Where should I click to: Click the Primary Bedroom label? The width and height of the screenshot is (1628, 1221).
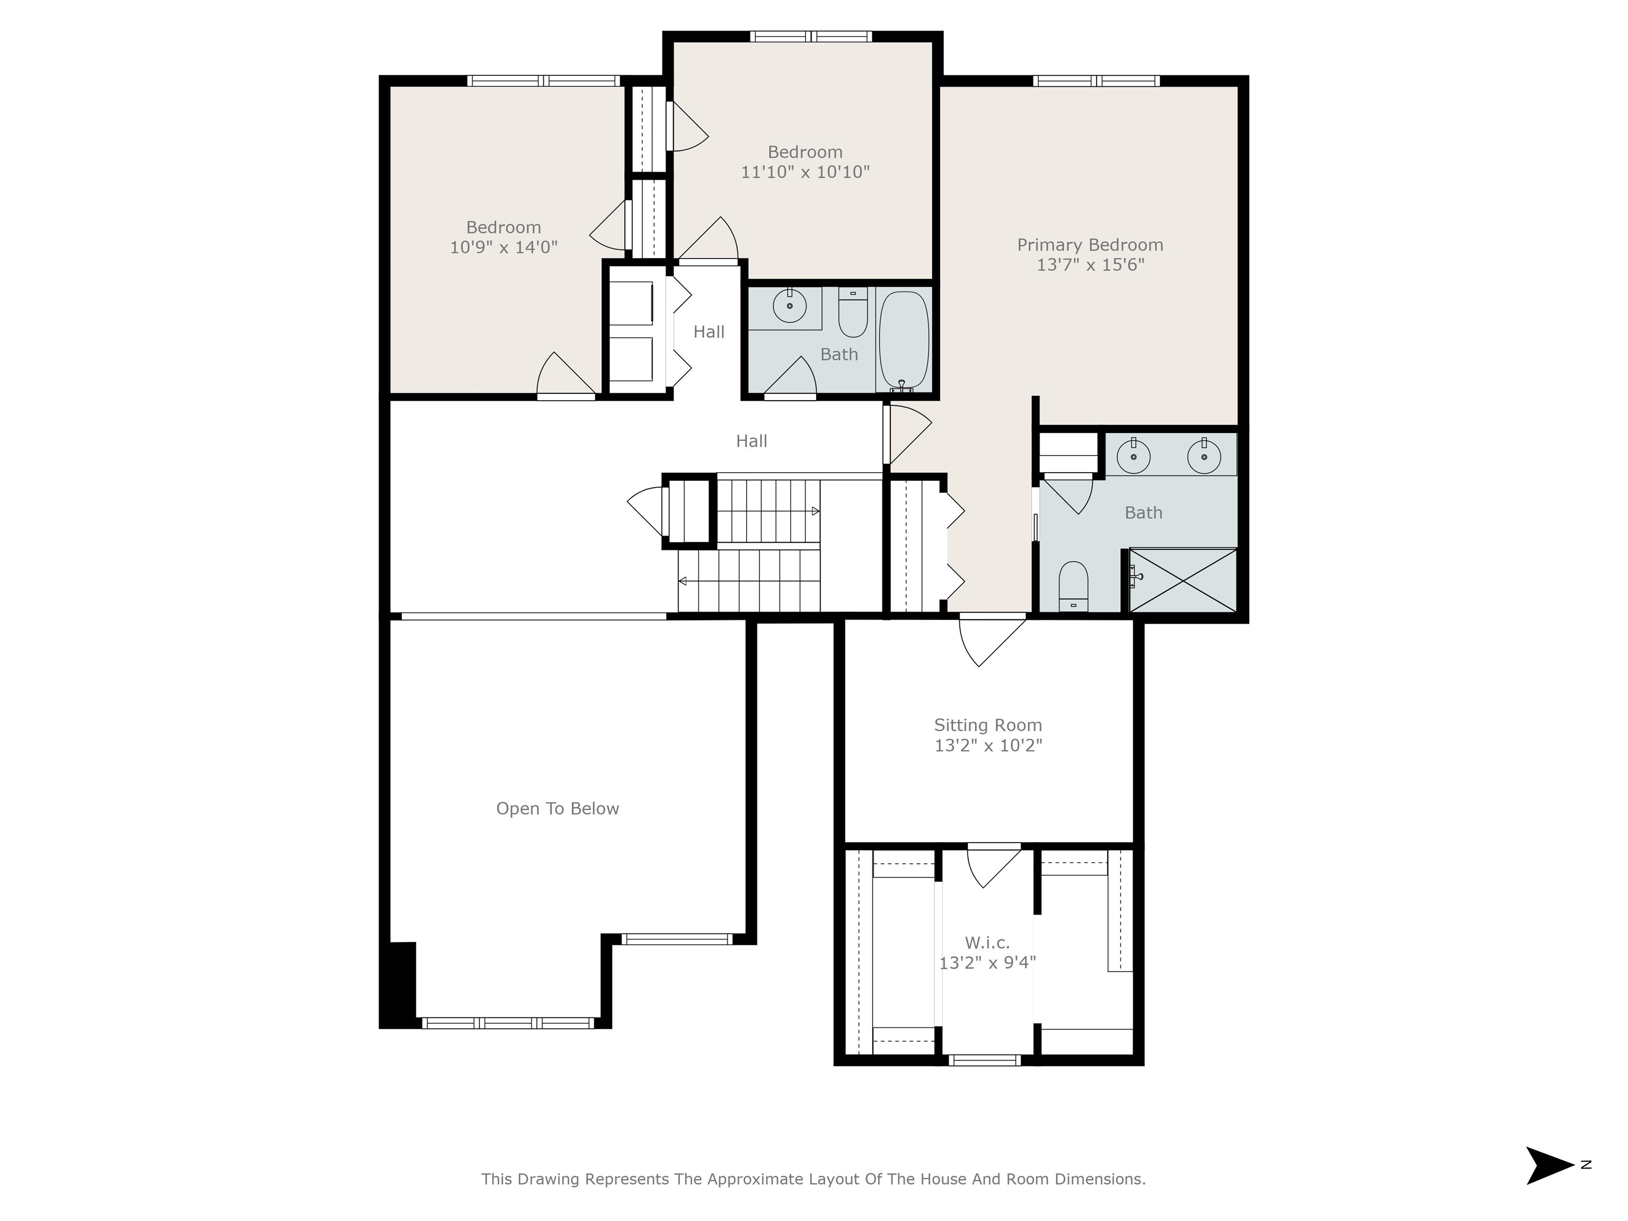[1090, 245]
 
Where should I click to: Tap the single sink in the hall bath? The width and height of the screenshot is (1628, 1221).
[790, 305]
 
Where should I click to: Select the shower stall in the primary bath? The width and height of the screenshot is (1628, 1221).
[1183, 579]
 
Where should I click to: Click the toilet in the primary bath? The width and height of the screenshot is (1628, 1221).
[1073, 587]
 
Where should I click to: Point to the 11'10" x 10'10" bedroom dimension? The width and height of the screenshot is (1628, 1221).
[805, 172]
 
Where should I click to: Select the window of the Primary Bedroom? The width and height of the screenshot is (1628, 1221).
[1096, 81]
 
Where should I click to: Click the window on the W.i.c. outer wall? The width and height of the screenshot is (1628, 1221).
[985, 1060]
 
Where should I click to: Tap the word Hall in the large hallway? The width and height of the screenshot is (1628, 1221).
[751, 441]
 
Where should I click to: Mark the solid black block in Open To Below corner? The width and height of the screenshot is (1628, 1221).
[398, 984]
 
